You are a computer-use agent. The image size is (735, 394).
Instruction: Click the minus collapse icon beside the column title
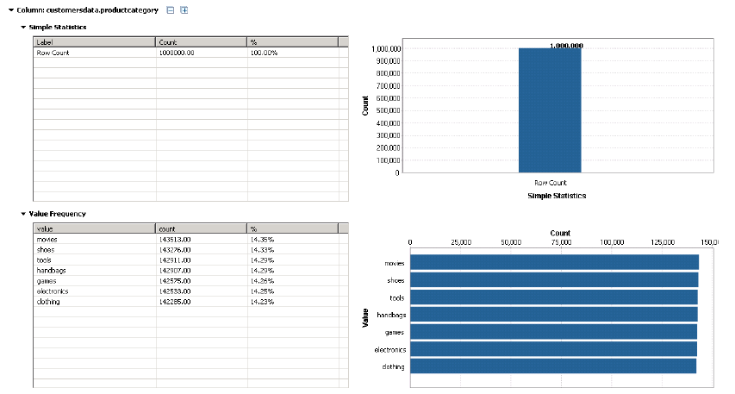pos(171,9)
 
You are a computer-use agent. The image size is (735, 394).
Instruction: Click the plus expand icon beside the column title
pos(184,9)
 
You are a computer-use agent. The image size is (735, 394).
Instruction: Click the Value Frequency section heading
pos(57,214)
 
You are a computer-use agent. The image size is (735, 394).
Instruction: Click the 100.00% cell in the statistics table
pos(263,53)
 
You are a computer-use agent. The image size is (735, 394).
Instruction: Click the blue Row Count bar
pos(550,109)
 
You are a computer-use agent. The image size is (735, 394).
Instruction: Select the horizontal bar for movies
pos(554,262)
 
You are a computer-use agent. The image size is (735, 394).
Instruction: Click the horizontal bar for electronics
pos(553,349)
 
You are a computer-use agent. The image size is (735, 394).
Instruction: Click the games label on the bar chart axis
pos(395,332)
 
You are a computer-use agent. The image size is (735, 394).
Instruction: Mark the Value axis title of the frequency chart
pos(366,317)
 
